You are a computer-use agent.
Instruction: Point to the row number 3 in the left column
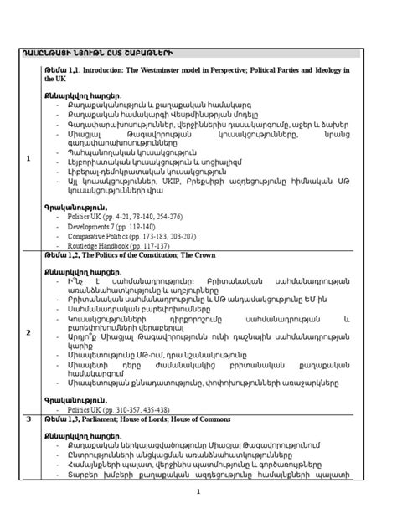(28, 418)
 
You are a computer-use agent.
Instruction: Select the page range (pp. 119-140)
(137, 226)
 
